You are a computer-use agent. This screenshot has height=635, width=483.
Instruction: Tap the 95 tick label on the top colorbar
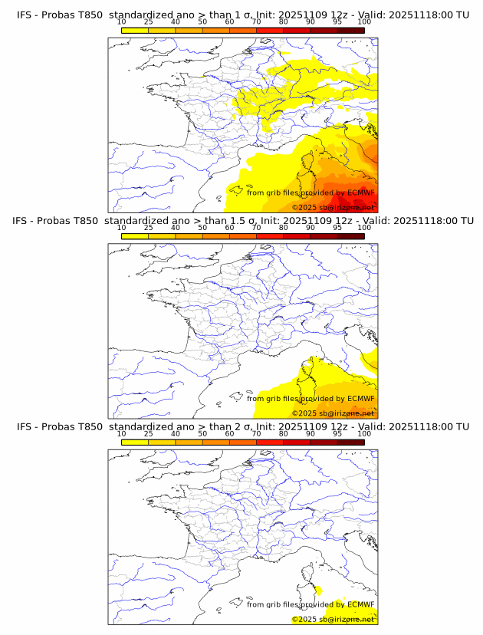tap(337, 21)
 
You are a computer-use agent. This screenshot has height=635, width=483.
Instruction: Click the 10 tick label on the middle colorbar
tap(121, 228)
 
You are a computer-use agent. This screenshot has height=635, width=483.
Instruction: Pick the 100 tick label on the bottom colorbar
tap(364, 433)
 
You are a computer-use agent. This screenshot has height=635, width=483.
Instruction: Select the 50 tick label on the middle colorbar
tap(202, 228)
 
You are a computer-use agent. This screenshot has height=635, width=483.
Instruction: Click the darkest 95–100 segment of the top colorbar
tap(350, 30)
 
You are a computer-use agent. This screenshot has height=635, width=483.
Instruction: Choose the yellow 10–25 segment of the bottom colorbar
tap(135, 442)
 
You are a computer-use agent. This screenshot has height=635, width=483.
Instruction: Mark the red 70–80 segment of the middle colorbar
tap(270, 236)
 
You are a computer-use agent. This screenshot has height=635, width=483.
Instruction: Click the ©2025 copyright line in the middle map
tap(333, 413)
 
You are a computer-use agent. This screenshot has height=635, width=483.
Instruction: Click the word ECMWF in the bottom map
tap(361, 604)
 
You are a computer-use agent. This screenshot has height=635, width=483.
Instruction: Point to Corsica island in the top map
tap(310, 163)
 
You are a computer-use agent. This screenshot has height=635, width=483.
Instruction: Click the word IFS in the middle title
tap(25, 221)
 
